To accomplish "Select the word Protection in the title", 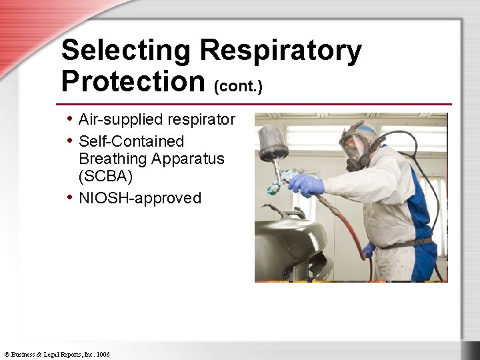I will coord(132,81).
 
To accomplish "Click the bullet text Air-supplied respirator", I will coord(157,119).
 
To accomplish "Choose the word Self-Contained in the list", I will coord(131,141).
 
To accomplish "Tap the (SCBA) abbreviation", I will coord(105,177).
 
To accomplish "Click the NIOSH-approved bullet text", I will coord(140,198).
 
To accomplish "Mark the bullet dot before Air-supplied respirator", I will coord(70,119).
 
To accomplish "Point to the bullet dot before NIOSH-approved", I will coord(70,197).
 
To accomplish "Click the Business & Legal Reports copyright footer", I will coord(57,354).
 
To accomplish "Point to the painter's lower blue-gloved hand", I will coord(369,250).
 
